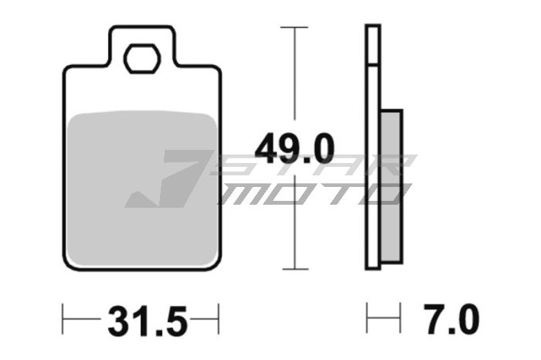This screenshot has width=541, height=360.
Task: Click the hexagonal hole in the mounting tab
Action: coord(141,59)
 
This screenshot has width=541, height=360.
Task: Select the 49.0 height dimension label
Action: coord(294,147)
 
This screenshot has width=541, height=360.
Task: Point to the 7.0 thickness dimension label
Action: coord(451,318)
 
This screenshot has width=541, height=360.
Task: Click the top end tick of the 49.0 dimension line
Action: coord(294,27)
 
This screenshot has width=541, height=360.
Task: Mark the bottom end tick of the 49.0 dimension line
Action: coord(294,269)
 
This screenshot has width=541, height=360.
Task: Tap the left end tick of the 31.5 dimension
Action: coord(63,318)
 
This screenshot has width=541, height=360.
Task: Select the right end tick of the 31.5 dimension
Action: coord(219,318)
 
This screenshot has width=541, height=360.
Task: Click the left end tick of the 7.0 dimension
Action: coord(367,318)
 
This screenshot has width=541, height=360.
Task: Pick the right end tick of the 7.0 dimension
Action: coord(401,318)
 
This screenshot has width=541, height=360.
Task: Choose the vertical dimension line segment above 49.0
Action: coord(294,77)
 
